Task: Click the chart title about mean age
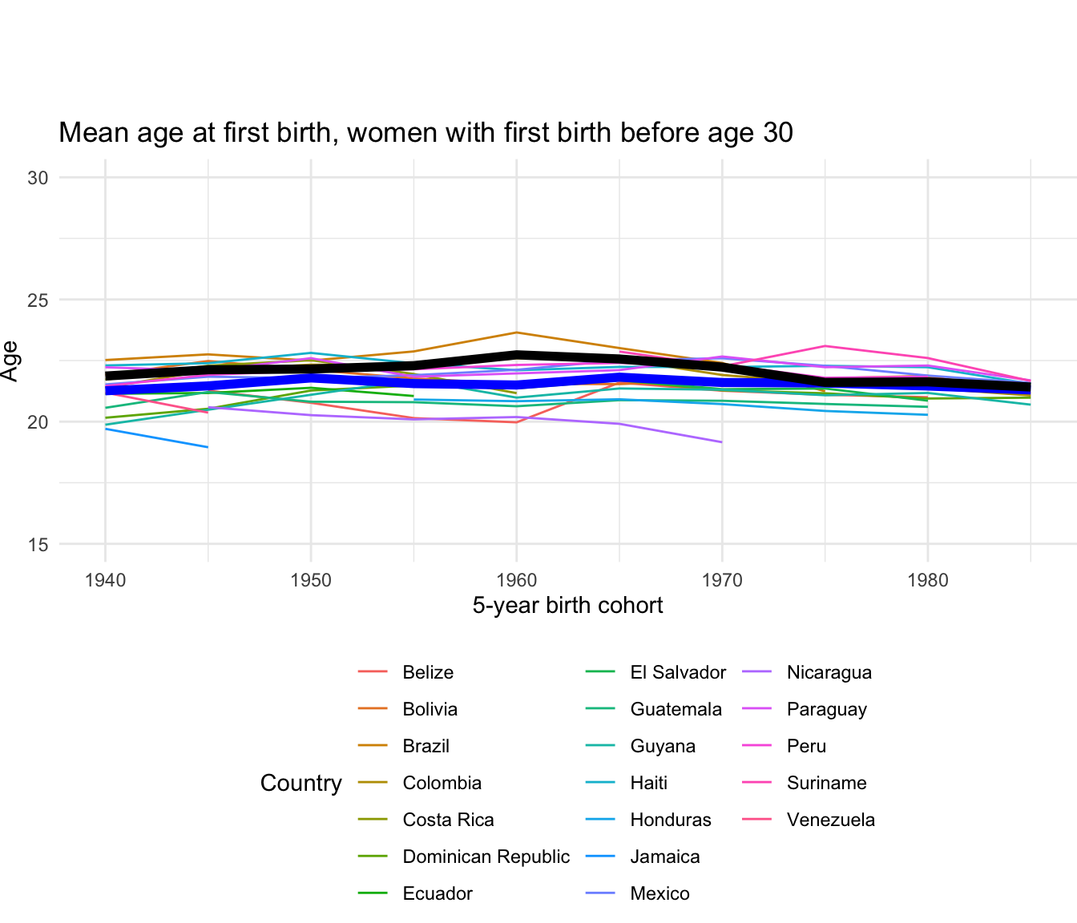point(426,132)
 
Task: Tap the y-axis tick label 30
point(38,178)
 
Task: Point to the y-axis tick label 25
point(38,300)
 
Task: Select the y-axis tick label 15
point(38,545)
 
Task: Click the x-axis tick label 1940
point(105,579)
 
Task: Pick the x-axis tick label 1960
point(516,579)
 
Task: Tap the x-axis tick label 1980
point(927,579)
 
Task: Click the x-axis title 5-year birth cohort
point(567,606)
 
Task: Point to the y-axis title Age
point(10,361)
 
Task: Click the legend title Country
point(301,783)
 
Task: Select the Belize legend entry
point(428,672)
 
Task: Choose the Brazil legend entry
point(426,746)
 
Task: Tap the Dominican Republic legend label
point(486,856)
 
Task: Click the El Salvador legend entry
point(678,672)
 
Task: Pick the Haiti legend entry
point(648,783)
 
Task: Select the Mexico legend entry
point(660,893)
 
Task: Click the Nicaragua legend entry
point(829,672)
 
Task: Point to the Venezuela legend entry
point(830,820)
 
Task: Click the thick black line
point(516,355)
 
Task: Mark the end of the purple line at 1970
point(722,441)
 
